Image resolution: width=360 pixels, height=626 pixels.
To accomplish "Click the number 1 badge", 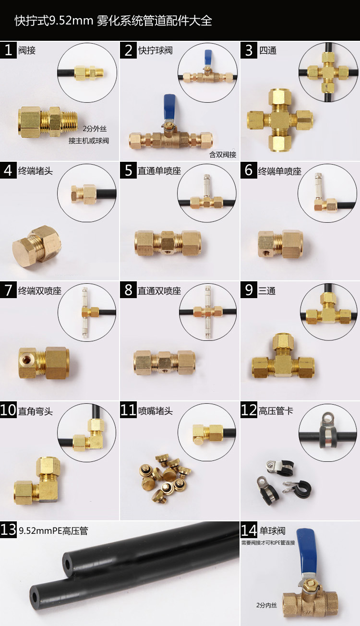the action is click(x=8, y=50).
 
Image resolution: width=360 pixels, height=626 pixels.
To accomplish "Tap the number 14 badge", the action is click(x=249, y=530).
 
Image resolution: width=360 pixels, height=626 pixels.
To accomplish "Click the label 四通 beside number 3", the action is click(x=268, y=50).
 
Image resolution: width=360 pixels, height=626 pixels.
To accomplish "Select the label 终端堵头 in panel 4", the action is click(x=35, y=171).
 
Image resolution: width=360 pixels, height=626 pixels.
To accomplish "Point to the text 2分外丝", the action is click(x=95, y=129).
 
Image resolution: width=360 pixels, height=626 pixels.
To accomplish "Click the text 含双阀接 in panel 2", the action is click(x=223, y=154).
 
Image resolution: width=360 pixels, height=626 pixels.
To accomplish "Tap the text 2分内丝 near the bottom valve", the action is click(x=266, y=605).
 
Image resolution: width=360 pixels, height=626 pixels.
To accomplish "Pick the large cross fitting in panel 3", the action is click(x=280, y=120).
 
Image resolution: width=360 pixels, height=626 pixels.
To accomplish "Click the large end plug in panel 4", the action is click(x=36, y=246).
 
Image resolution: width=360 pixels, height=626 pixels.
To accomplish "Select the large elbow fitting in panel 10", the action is click(x=36, y=481).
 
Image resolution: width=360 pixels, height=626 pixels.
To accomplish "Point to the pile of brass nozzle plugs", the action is click(x=165, y=478).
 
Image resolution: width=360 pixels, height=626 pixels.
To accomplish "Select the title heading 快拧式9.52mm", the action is click(x=54, y=21).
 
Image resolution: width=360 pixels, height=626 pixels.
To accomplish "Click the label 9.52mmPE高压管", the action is click(x=53, y=530).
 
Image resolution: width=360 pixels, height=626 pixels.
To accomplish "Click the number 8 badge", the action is click(x=128, y=290).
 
